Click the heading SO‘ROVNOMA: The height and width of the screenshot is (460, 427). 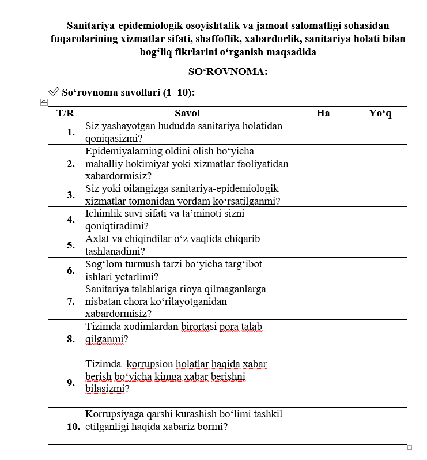point(228,72)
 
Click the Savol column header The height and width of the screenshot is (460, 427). point(187,113)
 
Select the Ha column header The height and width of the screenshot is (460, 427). point(323,113)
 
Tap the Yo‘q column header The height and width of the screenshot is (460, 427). point(380,113)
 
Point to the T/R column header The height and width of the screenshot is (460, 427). point(65,113)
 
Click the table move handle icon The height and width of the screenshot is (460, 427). point(43,102)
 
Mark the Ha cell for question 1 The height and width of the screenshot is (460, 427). point(323,131)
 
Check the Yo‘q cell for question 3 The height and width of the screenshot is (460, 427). point(380,194)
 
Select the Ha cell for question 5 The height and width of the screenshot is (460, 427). point(323,244)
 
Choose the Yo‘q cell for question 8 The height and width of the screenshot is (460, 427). point(380,338)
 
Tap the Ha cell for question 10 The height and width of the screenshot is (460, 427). point(323,426)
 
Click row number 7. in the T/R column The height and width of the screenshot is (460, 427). point(71,301)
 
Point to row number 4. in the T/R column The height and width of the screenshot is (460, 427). point(71,220)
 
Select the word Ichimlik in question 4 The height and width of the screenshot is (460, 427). point(102,213)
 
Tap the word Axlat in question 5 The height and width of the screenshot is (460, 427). point(97,239)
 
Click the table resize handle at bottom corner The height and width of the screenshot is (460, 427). point(410,447)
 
